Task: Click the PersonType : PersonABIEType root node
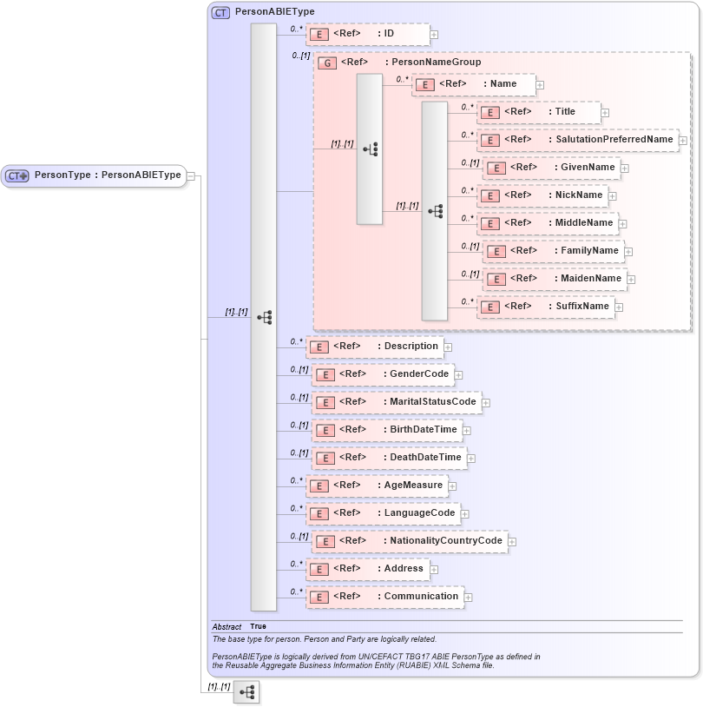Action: click(94, 175)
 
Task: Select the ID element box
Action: click(367, 34)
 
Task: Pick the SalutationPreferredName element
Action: click(578, 140)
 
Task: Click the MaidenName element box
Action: click(556, 279)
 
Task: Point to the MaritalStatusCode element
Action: click(396, 402)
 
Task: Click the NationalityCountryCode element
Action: click(409, 541)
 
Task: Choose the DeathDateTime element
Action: click(388, 458)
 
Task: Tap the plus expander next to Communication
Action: click(469, 597)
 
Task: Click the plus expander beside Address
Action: click(434, 569)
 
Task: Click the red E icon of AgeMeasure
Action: click(319, 486)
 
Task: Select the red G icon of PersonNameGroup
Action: click(327, 63)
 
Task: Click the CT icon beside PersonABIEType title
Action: click(220, 13)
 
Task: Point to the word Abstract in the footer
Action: click(227, 626)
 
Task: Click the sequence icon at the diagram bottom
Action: click(246, 692)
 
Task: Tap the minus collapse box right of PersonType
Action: click(191, 175)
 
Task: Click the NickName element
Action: click(543, 195)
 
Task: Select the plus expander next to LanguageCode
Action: click(465, 513)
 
